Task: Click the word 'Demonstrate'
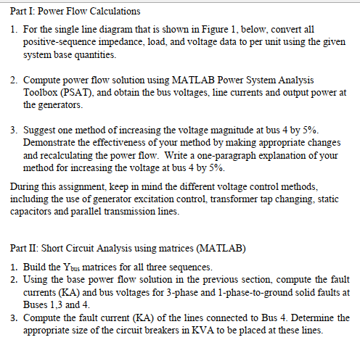coord(52,143)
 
